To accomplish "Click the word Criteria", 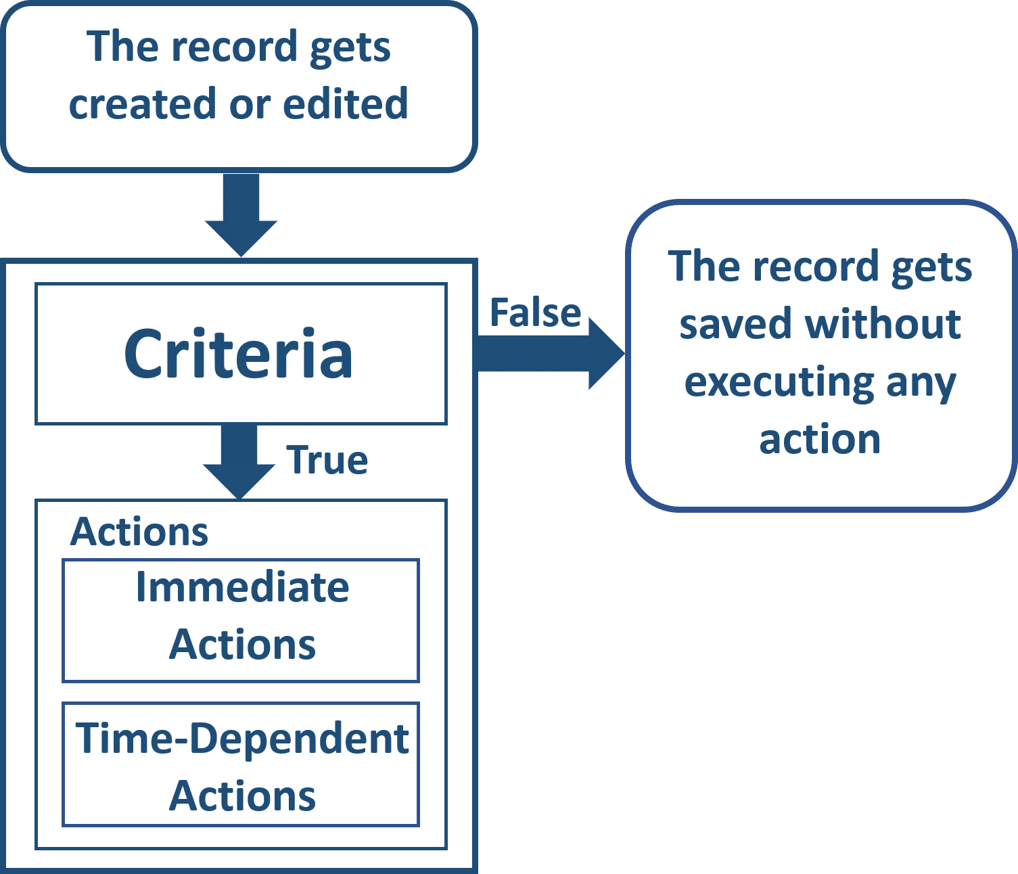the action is point(238,354).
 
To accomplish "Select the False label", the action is point(536,313).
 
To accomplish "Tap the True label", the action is point(327,460).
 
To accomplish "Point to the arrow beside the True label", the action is point(239,461).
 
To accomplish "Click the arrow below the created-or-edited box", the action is point(241,215).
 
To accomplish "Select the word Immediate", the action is point(242,586).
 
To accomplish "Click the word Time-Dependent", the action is point(242,739).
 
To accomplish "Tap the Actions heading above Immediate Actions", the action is point(139,532).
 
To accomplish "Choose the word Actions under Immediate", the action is point(242,645).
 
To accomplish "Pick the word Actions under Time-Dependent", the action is point(242,796).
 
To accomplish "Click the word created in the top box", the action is point(143,103).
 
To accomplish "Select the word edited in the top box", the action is point(345,103).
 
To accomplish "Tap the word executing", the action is point(779,384).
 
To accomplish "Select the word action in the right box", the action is point(820,440).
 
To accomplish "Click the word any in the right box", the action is point(921,386).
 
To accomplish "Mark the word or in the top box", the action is point(250,106).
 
